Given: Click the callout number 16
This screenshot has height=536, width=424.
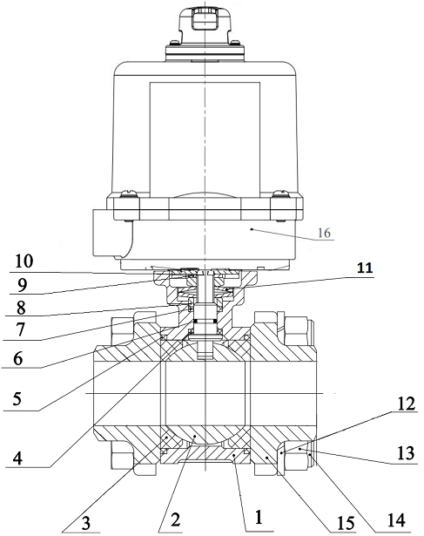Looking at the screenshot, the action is click(x=324, y=233).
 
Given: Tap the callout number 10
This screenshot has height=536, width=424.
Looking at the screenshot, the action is click(x=24, y=261).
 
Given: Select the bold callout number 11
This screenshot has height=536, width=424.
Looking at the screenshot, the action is click(x=365, y=268).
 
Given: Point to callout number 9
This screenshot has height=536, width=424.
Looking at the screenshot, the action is click(x=22, y=285).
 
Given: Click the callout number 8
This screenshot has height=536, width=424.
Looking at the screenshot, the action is click(x=21, y=307).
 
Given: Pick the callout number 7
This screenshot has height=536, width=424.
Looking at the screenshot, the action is click(x=20, y=329).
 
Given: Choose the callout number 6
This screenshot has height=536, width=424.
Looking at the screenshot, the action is click(x=17, y=358).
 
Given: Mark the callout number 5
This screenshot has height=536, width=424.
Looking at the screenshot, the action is click(x=17, y=399).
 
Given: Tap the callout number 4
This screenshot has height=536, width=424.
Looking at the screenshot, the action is click(x=17, y=458).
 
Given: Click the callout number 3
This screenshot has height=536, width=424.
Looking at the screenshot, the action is click(x=85, y=523).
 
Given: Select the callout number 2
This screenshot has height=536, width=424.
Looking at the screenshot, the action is click(x=175, y=520).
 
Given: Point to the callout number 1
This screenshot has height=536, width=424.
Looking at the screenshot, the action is click(x=259, y=517).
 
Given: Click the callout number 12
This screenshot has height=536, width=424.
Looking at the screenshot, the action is click(x=406, y=404).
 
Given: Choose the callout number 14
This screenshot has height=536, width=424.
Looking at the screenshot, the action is click(x=396, y=520).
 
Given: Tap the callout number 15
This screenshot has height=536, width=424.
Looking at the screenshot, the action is click(x=346, y=523).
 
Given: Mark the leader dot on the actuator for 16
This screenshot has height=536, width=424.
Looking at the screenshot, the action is click(x=252, y=229).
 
